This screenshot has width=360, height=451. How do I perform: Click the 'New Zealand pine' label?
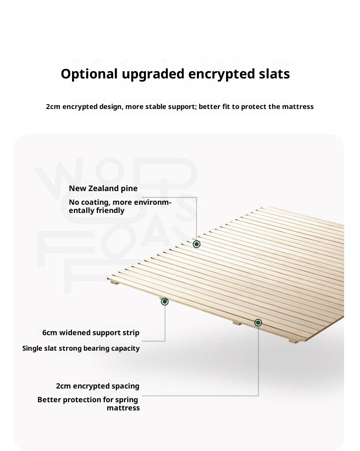(103, 188)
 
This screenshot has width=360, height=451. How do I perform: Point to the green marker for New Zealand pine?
(196, 244)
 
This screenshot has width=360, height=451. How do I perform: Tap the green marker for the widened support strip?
(165, 301)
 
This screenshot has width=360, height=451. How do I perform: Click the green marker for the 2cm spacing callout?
(258, 322)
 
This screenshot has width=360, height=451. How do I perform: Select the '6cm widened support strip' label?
(91, 333)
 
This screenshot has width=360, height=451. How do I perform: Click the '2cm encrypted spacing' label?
(98, 386)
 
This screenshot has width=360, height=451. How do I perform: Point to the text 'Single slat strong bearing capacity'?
(81, 348)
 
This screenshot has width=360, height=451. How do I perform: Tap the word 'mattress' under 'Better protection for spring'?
(123, 408)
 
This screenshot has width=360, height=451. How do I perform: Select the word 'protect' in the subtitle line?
(254, 107)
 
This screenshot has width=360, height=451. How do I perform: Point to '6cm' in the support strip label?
(50, 333)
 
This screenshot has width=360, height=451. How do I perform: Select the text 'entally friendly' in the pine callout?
(97, 211)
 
